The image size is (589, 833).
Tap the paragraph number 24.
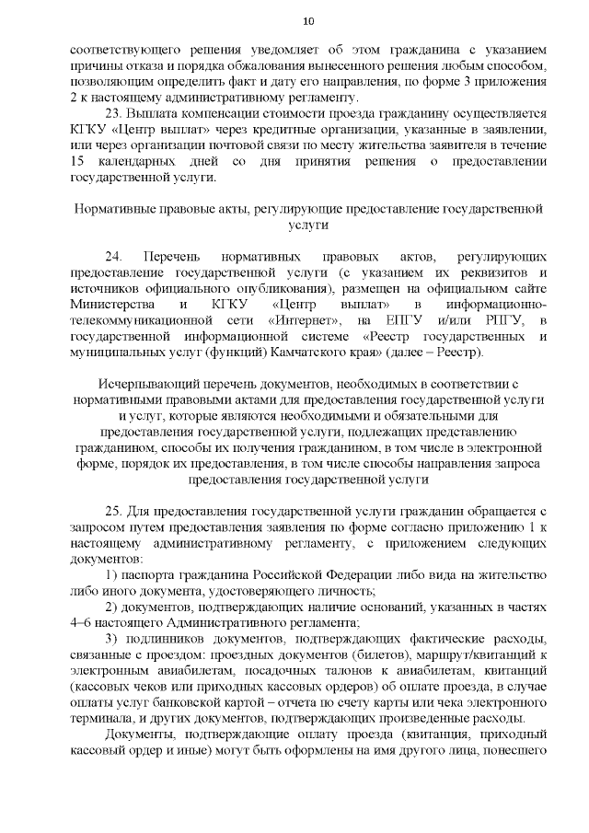[x=114, y=254]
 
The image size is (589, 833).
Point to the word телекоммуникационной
[x=144, y=319]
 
